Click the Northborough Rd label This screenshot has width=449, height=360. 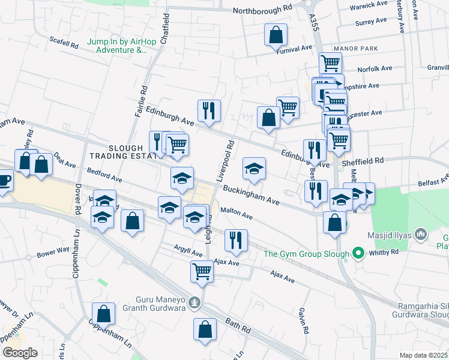click(262, 10)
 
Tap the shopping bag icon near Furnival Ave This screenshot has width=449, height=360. click(276, 35)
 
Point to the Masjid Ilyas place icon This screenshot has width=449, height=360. click(420, 232)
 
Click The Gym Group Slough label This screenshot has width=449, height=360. click(306, 254)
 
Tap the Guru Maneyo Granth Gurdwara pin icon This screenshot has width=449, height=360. click(194, 302)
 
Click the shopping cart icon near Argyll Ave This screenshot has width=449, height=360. click(202, 271)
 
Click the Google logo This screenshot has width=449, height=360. click(19, 352)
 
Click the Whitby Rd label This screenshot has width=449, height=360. click(388, 253)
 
